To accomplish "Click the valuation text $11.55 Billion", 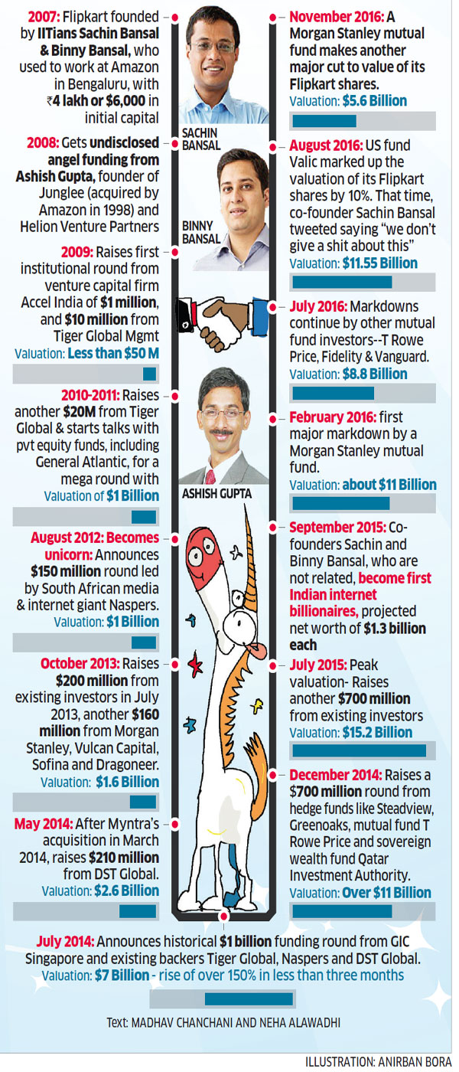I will point(379,263).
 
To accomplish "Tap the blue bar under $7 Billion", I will point(249,998).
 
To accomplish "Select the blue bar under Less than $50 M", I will point(150,374).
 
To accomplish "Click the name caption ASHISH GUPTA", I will point(216,495).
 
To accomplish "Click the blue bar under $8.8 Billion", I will point(334,393).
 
